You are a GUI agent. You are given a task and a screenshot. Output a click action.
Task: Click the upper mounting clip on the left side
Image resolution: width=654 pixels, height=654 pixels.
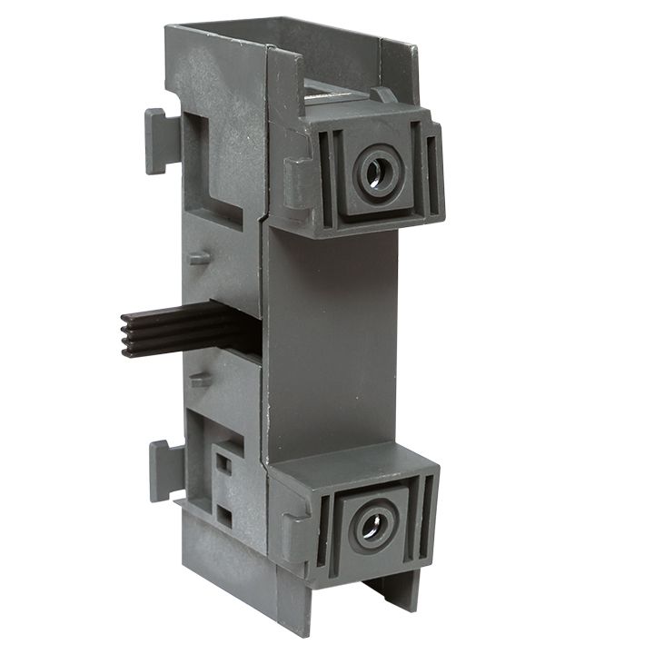(x=155, y=141)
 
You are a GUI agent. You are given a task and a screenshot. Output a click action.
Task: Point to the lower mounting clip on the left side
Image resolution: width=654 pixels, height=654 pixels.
(x=161, y=469)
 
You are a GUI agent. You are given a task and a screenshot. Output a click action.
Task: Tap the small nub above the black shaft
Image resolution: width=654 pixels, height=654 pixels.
(x=200, y=257)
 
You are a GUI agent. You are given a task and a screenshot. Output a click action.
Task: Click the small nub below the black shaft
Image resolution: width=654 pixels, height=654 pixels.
(x=200, y=380)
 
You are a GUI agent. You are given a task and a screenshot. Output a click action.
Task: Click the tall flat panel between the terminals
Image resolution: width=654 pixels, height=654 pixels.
(x=332, y=345)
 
